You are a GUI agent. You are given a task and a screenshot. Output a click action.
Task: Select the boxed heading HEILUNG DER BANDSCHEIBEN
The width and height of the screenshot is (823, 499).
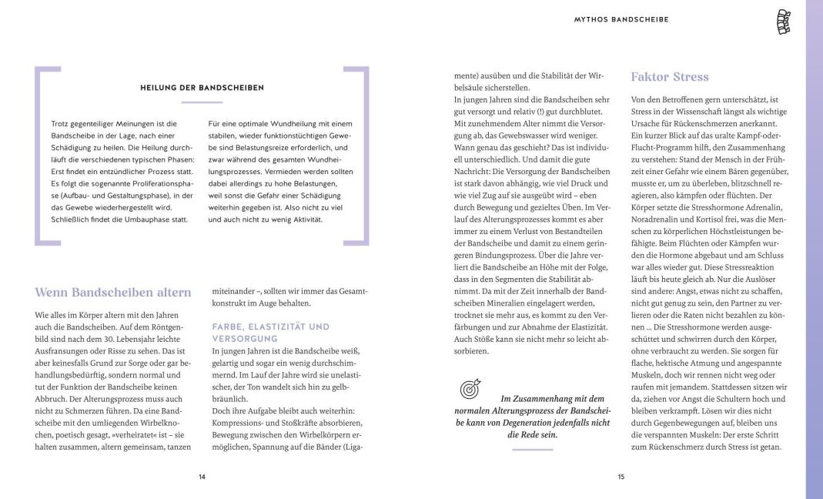202,88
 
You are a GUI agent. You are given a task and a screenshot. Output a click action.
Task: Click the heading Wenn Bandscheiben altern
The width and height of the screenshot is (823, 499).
113,293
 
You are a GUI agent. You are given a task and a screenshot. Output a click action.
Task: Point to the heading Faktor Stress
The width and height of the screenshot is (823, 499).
670,77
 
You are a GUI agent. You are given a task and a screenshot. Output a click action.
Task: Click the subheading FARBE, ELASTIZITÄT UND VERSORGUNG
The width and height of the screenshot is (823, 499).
270,333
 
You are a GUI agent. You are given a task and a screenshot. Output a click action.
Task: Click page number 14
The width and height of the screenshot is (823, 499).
202,477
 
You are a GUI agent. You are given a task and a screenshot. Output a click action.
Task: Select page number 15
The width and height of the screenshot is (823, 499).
621,477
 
